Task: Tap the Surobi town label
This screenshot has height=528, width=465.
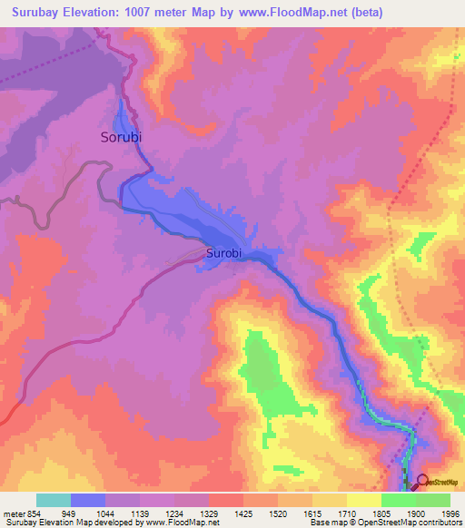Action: point(223,253)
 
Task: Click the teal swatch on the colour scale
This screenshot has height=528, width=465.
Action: point(54,500)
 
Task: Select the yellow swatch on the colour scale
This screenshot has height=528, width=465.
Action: point(364,500)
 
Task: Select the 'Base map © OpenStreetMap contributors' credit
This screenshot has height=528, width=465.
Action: point(386,523)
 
